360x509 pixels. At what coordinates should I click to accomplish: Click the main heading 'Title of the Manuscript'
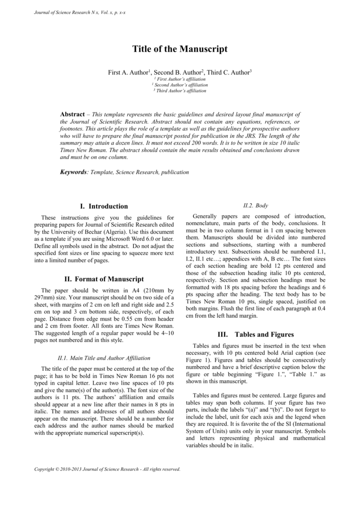click(x=180, y=49)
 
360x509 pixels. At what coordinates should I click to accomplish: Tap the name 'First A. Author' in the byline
click(x=128, y=73)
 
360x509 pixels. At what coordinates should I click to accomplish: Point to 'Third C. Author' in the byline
click(x=228, y=73)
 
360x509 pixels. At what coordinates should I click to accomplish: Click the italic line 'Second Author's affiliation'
click(x=180, y=85)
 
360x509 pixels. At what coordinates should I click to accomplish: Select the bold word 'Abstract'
click(x=72, y=114)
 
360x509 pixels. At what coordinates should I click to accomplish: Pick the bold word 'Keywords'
click(x=73, y=172)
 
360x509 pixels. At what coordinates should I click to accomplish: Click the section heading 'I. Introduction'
click(x=104, y=206)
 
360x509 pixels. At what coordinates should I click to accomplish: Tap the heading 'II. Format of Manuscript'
click(x=104, y=279)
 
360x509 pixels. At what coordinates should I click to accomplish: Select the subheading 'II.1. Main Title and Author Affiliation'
click(x=104, y=357)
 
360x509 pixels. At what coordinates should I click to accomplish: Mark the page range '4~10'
click(x=165, y=332)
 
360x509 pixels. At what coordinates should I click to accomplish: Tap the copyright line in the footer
click(x=107, y=469)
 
